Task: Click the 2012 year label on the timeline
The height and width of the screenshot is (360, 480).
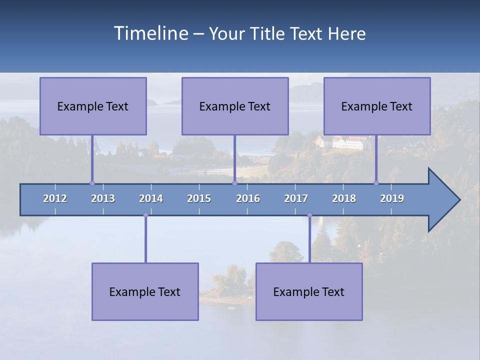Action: click(x=55, y=198)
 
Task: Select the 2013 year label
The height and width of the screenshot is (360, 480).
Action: click(x=103, y=198)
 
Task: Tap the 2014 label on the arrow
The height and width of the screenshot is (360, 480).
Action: click(x=151, y=198)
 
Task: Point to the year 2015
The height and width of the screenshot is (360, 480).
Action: click(x=199, y=198)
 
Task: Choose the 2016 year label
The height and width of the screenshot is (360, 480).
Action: click(x=248, y=198)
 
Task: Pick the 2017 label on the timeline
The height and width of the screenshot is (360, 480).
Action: click(x=296, y=198)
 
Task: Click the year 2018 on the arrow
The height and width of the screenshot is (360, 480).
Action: click(x=344, y=198)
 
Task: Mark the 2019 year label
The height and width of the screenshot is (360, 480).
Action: click(x=392, y=198)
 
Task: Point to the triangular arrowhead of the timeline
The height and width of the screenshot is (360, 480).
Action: click(x=443, y=200)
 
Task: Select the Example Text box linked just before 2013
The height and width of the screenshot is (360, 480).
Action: click(x=93, y=106)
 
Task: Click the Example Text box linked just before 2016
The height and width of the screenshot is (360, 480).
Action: click(x=235, y=106)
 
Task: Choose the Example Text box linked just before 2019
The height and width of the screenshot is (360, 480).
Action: click(x=377, y=106)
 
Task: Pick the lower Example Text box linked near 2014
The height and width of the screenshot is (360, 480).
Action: click(x=145, y=291)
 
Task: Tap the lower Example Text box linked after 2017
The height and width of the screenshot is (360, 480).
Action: click(x=309, y=291)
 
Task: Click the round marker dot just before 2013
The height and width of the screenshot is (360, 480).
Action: click(x=92, y=183)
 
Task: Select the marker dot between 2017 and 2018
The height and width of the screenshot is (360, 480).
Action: click(x=309, y=215)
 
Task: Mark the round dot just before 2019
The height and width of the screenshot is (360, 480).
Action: click(x=376, y=183)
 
